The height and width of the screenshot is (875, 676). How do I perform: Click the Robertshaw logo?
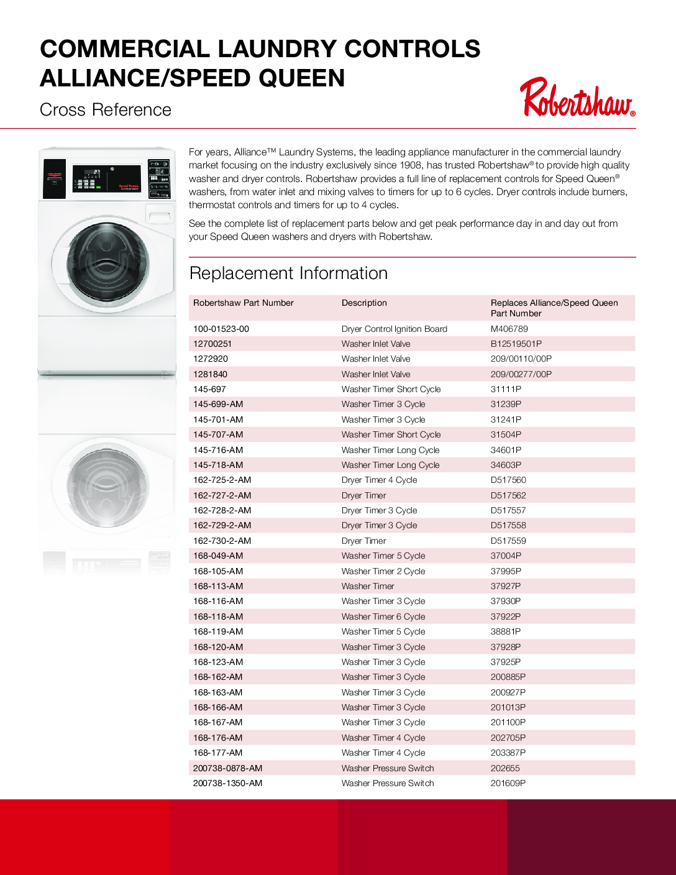tap(577, 98)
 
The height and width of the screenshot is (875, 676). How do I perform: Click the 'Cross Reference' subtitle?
tap(106, 110)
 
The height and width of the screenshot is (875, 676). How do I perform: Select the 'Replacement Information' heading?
tap(288, 273)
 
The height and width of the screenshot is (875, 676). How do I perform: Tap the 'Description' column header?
tap(364, 303)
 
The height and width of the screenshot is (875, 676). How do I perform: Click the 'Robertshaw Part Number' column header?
tap(243, 303)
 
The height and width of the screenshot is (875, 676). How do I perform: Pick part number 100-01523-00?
tap(221, 329)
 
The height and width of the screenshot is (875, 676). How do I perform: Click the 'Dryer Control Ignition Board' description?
tap(394, 329)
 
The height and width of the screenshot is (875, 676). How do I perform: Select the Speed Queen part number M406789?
tap(509, 329)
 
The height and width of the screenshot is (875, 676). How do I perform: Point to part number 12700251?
tap(212, 344)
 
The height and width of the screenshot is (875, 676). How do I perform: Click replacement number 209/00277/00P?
tap(521, 375)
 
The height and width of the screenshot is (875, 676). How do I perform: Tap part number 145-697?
tap(209, 390)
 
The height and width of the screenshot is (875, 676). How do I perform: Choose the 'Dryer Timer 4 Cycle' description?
tap(379, 480)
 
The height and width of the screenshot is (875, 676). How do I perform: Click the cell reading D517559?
tap(508, 541)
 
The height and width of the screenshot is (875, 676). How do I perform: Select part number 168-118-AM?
tap(218, 617)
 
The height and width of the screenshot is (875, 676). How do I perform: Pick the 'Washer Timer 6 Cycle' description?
tap(383, 617)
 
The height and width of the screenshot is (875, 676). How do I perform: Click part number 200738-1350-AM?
tap(227, 784)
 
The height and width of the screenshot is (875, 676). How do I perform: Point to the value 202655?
tap(505, 769)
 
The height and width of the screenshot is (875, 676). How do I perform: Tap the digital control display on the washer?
tap(93, 173)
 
